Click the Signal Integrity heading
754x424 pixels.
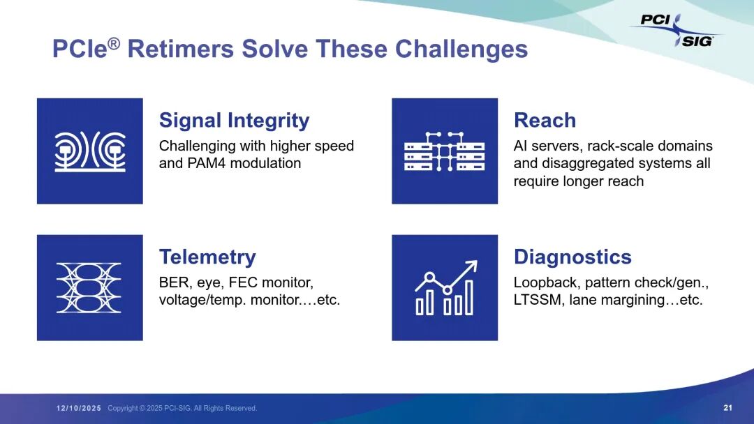234,121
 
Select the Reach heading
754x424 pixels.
545,120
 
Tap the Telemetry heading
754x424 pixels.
207,257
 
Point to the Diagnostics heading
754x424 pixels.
572,257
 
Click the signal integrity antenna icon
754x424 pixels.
90,151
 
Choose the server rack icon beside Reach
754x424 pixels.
444,151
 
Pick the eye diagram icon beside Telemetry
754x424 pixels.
89,287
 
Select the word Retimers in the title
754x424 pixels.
181,49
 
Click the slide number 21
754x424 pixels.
727,408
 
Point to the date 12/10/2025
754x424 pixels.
79,408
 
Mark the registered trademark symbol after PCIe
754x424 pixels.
114,44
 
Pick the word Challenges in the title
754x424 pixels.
461,50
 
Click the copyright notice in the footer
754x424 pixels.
182,408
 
